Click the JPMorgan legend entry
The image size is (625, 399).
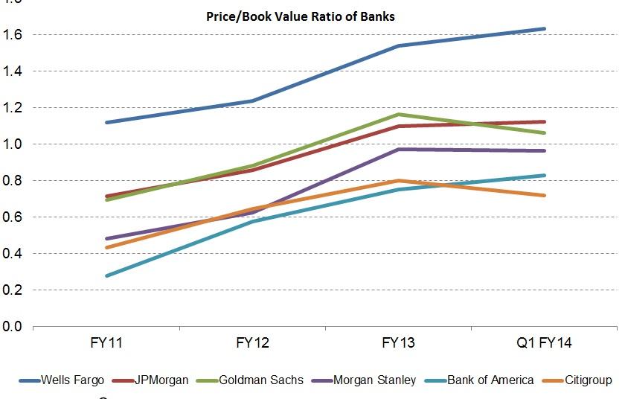pos(161,380)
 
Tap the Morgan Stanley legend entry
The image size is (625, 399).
pos(375,380)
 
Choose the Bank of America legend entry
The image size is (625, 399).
pos(490,380)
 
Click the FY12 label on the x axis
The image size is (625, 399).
pos(254,343)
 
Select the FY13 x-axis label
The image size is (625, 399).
pos(400,343)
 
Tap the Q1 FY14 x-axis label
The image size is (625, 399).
pos(545,343)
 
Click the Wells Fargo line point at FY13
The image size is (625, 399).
pos(400,46)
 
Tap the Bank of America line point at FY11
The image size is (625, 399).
pos(109,275)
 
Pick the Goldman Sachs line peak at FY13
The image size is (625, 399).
pos(400,115)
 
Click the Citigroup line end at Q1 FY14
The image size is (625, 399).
pos(544,196)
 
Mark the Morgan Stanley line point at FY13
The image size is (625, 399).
pos(400,150)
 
